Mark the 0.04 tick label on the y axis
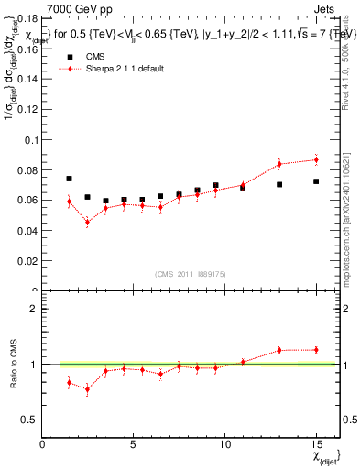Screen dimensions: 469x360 [x=30, y=231]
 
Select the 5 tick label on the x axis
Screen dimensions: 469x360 [x=134, y=443]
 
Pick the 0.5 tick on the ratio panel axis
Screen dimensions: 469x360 [x=30, y=420]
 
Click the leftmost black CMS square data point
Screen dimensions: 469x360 [x=69, y=179]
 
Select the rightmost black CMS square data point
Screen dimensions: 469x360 [x=315, y=181]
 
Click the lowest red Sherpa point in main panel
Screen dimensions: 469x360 [x=87, y=222]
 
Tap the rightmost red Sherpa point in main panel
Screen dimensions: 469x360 [x=315, y=159]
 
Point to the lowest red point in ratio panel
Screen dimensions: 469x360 [x=87, y=388]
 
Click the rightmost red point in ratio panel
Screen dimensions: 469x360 [x=315, y=349]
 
